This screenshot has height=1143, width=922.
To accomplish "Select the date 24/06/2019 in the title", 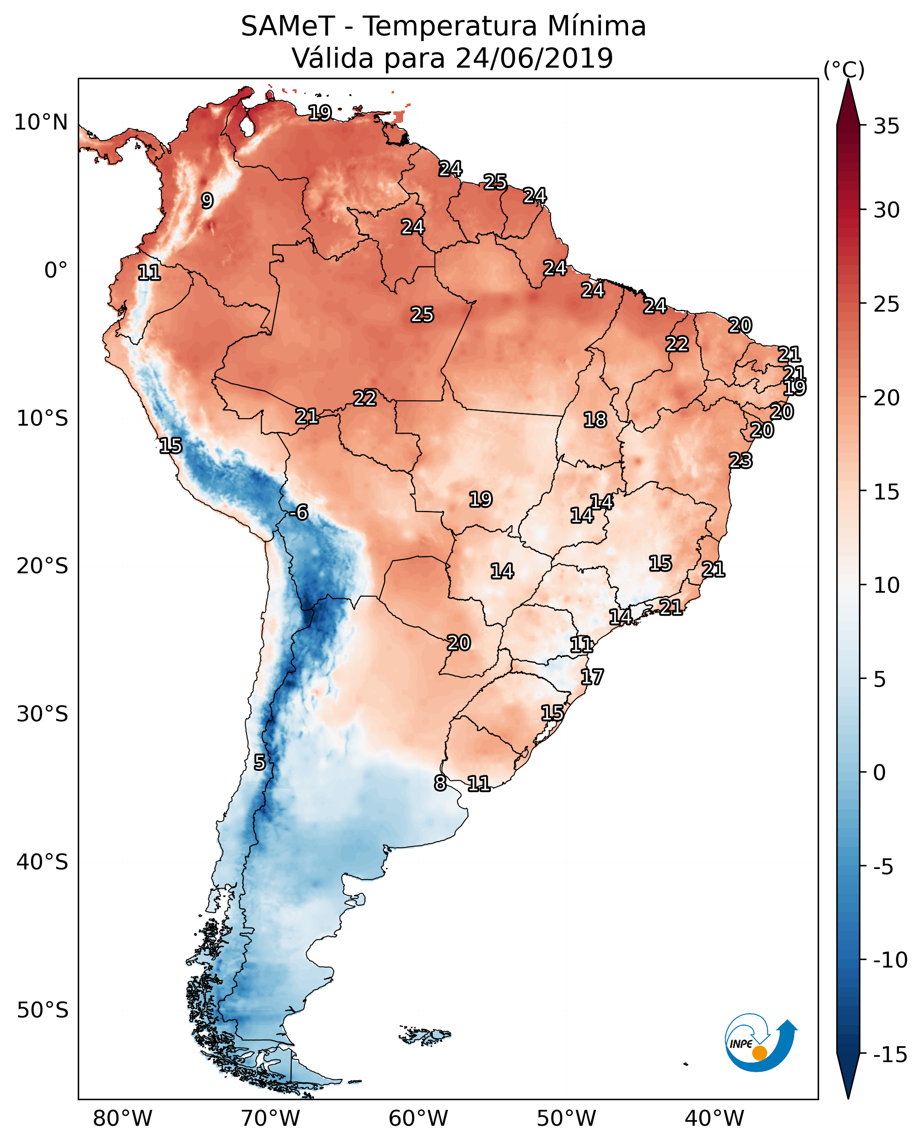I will [534, 58].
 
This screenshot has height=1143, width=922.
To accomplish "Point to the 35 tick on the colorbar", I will [886, 126].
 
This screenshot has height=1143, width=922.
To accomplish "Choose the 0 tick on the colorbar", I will [880, 772].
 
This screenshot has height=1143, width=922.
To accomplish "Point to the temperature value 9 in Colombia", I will [207, 201].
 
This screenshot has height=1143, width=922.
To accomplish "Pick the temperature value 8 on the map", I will [440, 783].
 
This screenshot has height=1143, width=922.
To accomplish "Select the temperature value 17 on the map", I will [592, 677].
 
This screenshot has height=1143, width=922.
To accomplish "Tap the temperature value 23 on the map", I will [740, 460].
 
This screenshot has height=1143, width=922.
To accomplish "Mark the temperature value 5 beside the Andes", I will [259, 762].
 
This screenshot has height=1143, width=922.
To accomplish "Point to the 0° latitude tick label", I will [56, 271].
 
